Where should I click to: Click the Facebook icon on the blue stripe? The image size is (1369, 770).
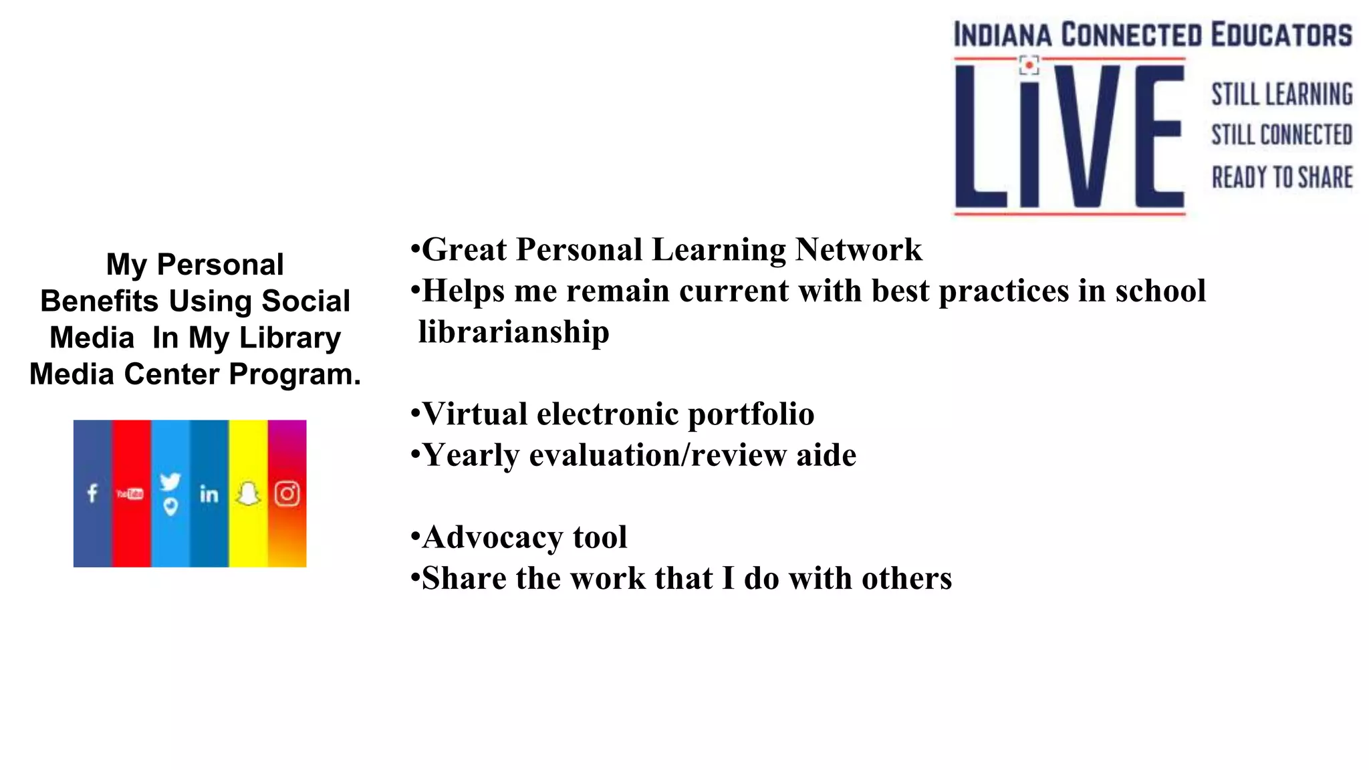92,493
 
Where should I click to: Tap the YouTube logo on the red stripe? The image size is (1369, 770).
130,494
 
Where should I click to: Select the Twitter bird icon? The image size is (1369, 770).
170,481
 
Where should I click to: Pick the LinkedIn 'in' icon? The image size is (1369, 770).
209,494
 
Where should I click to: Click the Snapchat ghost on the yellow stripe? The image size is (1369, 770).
248,494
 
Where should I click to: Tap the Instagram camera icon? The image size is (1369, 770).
287,494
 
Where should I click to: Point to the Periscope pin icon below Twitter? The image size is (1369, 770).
171,507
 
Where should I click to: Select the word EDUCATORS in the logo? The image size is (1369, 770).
1281,35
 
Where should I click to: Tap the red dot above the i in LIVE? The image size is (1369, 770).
1029,65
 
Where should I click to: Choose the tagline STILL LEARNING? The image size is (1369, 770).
1282,94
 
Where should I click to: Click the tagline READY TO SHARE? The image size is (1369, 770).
1282,178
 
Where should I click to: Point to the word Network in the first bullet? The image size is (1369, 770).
859,250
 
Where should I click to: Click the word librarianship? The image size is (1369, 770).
514,332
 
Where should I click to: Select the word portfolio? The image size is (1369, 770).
751,414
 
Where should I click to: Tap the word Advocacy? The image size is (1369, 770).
493,537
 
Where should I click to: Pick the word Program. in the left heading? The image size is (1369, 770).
295,374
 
